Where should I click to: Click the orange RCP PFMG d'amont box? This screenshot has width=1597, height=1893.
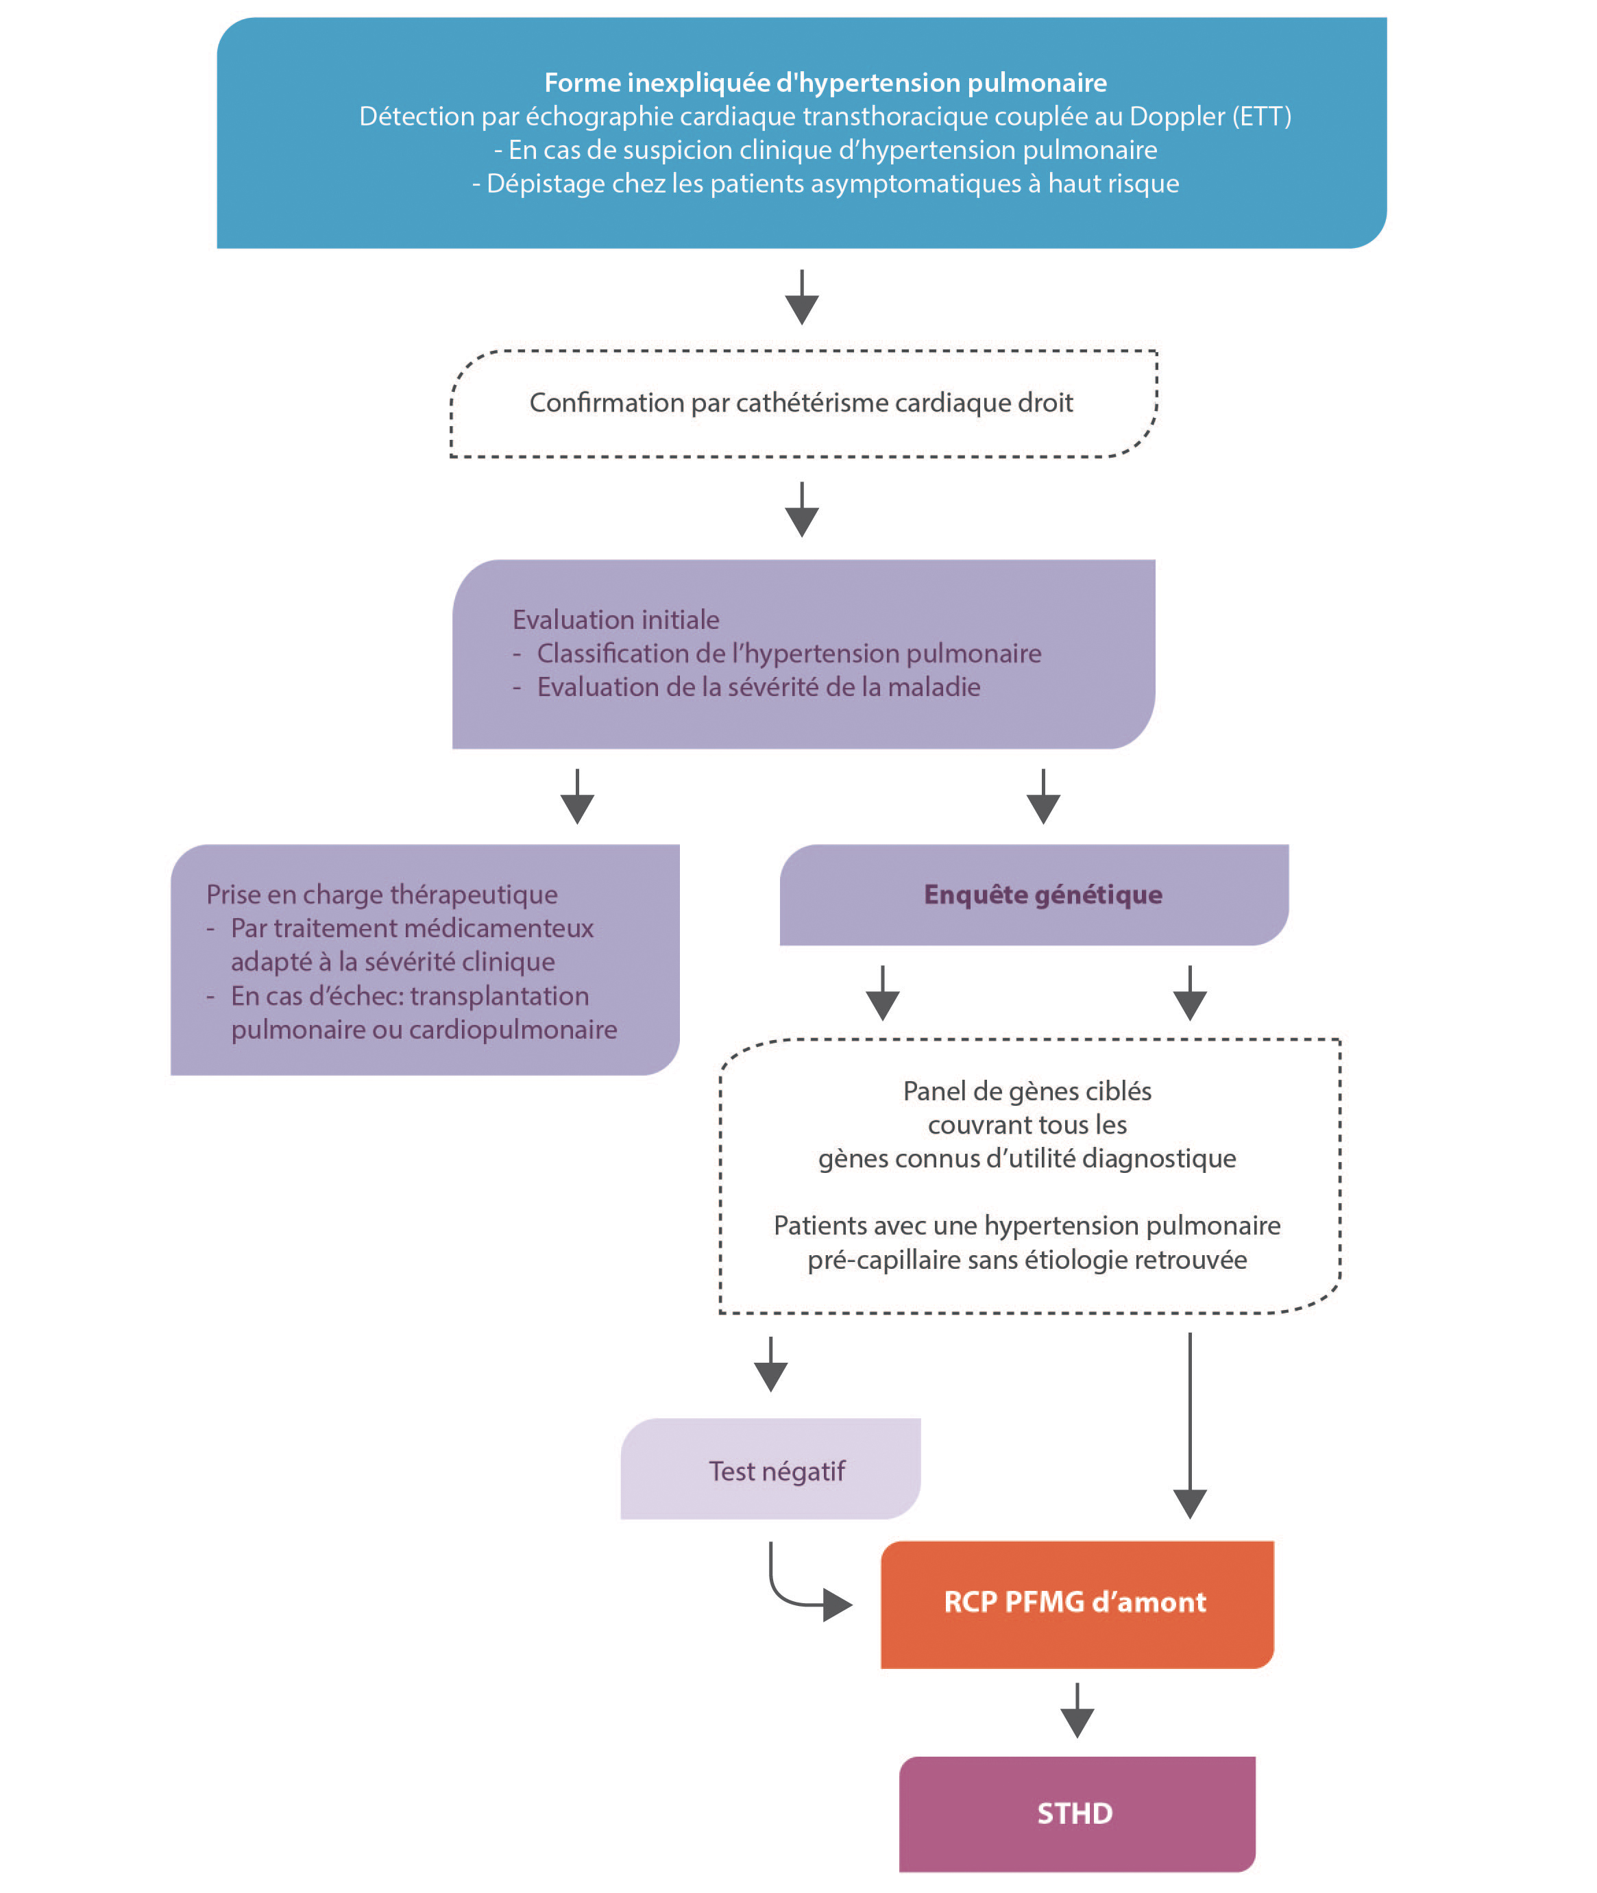(1077, 1605)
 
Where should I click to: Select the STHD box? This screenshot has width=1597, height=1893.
(1077, 1814)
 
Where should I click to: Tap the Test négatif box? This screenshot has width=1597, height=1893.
(770, 1469)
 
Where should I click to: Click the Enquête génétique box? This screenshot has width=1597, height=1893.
(1034, 895)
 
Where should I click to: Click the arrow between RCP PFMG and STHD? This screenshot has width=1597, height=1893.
(1077, 1710)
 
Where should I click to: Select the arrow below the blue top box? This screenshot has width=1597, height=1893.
(802, 297)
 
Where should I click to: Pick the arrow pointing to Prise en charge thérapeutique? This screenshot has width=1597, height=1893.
(578, 796)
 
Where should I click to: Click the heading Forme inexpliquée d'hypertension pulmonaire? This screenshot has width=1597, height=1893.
(826, 84)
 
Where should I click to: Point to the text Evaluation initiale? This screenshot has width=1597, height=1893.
(617, 620)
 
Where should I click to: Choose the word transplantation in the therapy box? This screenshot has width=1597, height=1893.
(500, 996)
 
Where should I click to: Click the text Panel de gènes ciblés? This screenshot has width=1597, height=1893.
(1027, 1092)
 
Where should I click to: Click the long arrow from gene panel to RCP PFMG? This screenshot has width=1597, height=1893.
(1191, 1425)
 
